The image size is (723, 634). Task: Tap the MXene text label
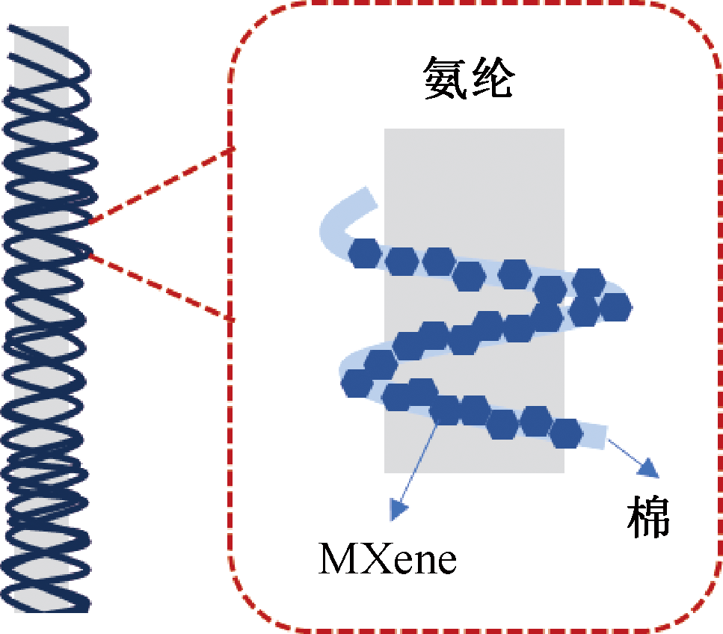coord(387,558)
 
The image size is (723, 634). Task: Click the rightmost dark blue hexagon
coord(615,305)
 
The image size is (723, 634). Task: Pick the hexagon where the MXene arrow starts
coord(446,410)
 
